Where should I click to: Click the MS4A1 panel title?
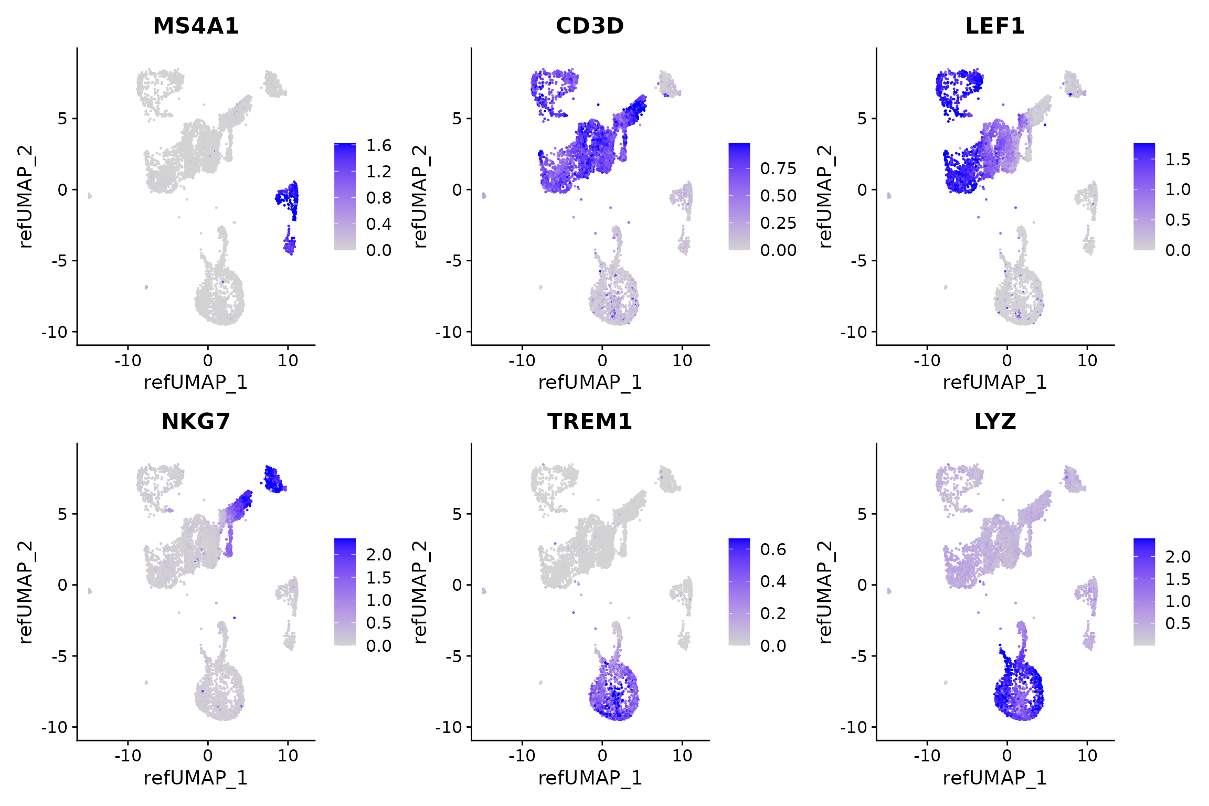tap(196, 26)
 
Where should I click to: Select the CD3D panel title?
tap(590, 26)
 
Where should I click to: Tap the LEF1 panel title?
tap(995, 26)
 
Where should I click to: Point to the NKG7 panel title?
tap(196, 422)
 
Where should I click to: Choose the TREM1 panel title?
tap(590, 422)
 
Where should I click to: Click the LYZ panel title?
tap(995, 422)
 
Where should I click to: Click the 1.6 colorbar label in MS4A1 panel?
tap(379, 145)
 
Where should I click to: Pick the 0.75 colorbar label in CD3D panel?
tap(778, 168)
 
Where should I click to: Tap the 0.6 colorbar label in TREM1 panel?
tap(773, 549)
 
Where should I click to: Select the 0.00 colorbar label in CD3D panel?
tap(778, 250)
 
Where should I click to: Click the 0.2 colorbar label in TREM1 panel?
tap(773, 613)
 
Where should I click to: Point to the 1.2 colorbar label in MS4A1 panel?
tap(379, 172)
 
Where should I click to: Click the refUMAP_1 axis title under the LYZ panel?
tap(995, 778)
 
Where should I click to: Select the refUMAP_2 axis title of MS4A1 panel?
tap(25, 196)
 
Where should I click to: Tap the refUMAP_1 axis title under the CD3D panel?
tap(590, 383)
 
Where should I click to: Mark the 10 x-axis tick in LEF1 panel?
tap(1087, 360)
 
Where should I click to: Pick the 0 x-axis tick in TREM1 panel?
tap(602, 756)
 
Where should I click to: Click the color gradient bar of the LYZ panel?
tap(1144, 591)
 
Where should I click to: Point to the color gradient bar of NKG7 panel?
tap(345, 591)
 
